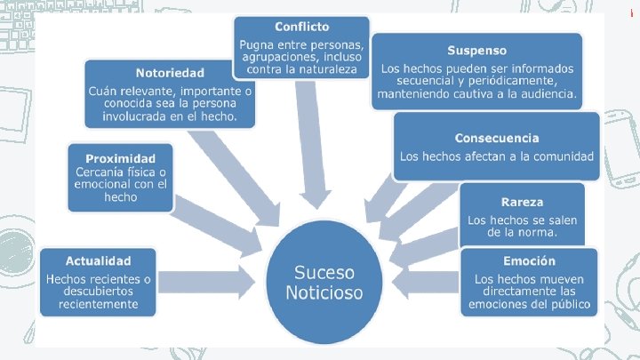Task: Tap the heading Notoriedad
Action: click(x=170, y=72)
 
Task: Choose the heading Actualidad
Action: click(x=98, y=260)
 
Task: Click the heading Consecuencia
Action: click(x=497, y=138)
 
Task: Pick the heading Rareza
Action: click(x=522, y=201)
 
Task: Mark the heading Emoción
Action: click(x=528, y=260)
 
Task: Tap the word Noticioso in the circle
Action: click(x=324, y=292)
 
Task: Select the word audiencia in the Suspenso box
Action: click(x=541, y=93)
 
